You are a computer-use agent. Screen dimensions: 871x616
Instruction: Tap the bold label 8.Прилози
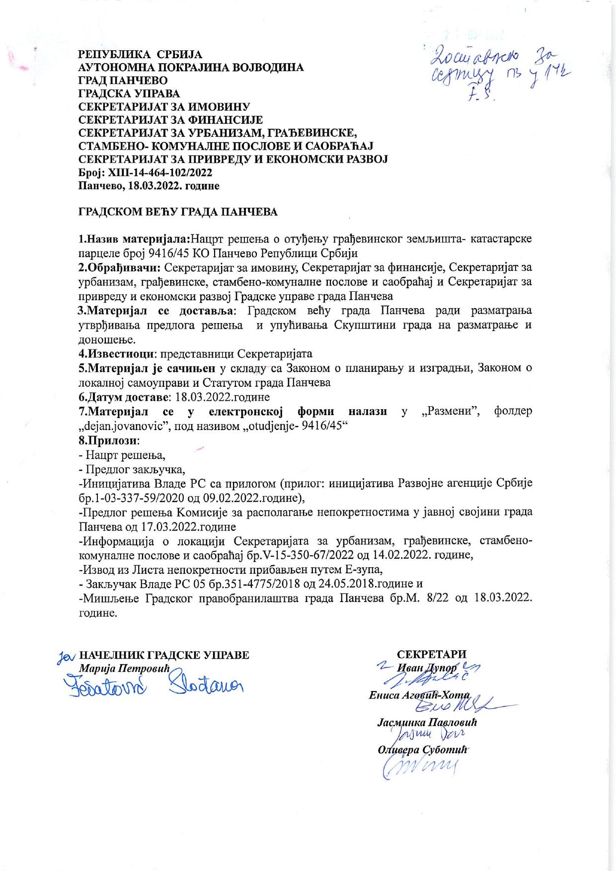[109, 440]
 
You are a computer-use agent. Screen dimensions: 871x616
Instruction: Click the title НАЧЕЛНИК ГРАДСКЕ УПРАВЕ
[164, 655]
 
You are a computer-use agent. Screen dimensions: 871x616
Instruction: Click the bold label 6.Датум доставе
[124, 397]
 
